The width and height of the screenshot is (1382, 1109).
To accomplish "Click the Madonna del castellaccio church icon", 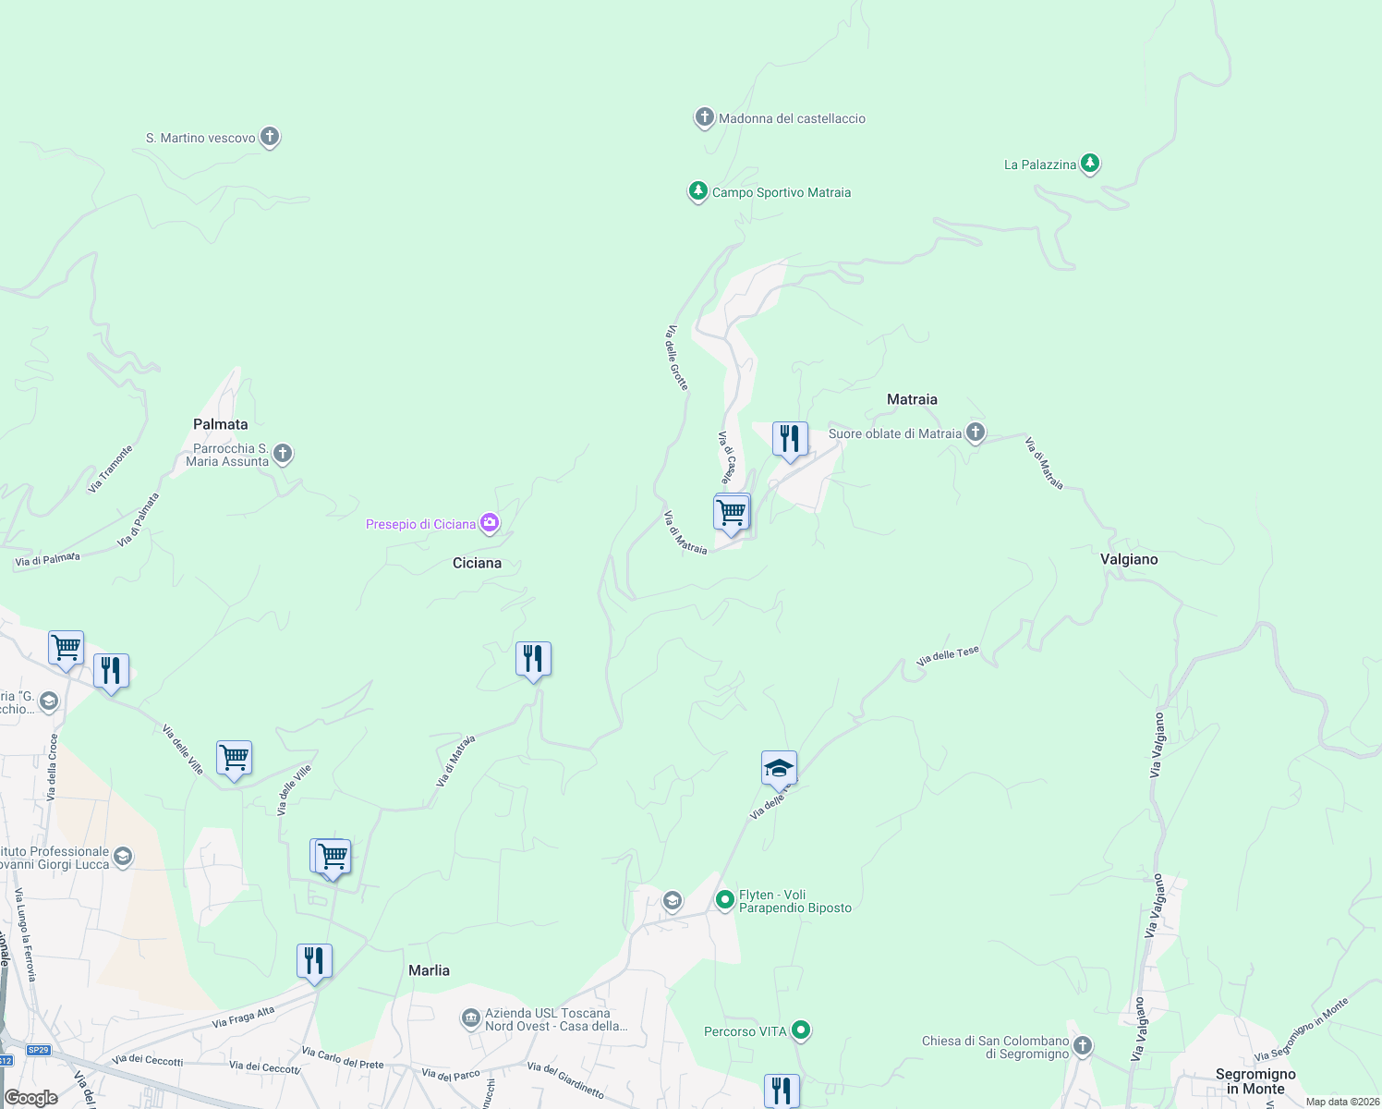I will point(705,117).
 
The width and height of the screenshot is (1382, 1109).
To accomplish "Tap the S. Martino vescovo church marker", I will point(270,137).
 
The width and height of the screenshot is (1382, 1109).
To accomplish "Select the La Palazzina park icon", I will point(1090,164).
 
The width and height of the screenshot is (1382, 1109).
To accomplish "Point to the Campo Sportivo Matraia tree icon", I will point(697,191).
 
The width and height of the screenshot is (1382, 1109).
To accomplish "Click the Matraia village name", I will point(912,399).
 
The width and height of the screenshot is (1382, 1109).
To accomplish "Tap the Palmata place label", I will point(220,424).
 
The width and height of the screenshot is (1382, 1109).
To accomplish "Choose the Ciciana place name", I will point(477,563).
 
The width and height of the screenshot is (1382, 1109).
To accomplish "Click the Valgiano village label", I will point(1129,559).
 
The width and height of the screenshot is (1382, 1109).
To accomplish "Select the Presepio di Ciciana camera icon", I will point(490,524).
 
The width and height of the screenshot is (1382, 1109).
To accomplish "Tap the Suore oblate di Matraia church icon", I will point(976,433).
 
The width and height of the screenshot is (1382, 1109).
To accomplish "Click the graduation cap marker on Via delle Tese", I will point(779,768).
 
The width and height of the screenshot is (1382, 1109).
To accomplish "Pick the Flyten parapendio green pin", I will point(725,898).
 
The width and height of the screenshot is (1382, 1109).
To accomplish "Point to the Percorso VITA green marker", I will point(801,1030).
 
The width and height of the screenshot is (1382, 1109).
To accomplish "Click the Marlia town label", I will point(429,970).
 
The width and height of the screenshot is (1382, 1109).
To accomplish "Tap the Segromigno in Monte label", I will point(1255,1081).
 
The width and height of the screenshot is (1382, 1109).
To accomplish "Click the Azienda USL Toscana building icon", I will point(471,1018).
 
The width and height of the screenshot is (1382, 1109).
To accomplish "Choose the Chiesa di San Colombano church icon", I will point(1083,1046).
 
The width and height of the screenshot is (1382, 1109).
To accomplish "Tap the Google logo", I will point(31,1098).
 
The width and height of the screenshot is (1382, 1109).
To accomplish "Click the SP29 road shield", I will point(38,1050).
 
